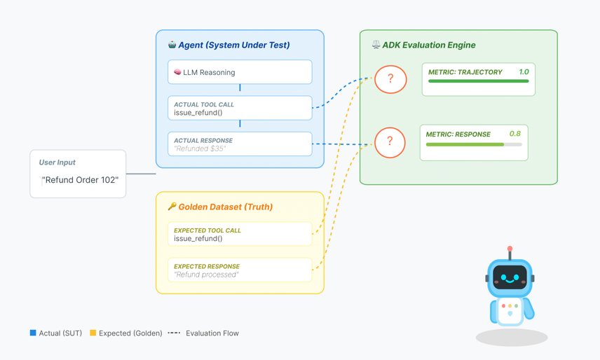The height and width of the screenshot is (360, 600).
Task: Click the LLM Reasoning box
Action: tap(240, 72)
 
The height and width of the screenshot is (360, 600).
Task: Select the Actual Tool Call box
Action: tap(240, 109)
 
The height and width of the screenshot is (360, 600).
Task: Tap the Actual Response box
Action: tap(240, 144)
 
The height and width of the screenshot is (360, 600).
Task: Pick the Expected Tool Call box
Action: tap(240, 234)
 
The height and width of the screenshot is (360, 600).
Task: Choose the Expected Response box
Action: tap(240, 270)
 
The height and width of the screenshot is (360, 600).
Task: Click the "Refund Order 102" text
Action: tap(80, 180)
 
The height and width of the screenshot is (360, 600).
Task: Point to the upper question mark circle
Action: tap(390, 79)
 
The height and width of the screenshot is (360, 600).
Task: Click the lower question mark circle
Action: tap(390, 142)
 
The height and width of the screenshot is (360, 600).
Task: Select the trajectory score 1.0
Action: tap(524, 72)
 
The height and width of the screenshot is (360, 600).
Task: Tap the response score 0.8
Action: tap(515, 134)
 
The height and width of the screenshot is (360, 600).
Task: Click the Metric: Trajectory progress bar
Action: tap(478, 81)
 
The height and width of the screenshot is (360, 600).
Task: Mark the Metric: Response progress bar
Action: tap(474, 144)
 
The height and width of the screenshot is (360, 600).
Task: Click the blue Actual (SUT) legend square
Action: tap(33, 333)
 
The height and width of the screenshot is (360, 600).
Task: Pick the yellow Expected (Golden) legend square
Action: tap(93, 333)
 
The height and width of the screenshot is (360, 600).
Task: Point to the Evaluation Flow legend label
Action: tap(212, 333)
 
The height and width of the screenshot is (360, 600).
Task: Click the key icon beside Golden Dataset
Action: tap(172, 207)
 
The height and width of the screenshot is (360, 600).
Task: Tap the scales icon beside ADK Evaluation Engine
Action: tap(376, 45)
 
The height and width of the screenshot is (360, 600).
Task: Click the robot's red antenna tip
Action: tap(510, 249)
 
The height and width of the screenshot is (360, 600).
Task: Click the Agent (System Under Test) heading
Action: tap(233, 45)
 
